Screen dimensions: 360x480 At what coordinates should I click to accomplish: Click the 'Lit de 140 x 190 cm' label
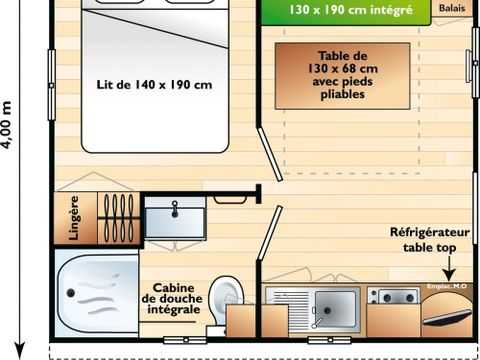tap(154, 85)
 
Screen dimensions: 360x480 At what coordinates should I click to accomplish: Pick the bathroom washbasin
tap(175, 216)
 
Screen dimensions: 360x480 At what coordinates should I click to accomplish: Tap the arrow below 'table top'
tap(446, 268)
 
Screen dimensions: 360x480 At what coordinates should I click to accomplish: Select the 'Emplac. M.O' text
tap(445, 288)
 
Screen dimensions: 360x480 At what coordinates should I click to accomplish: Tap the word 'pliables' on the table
tap(343, 96)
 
